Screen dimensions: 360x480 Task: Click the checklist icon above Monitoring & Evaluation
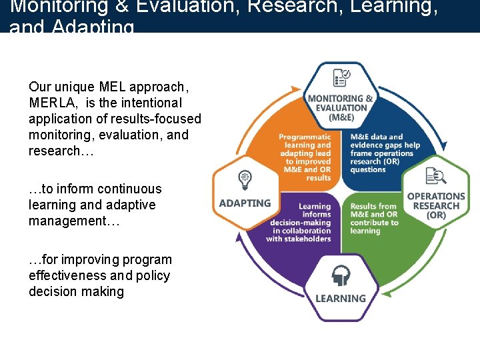pos(342,79)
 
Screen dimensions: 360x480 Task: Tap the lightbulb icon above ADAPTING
pos(245,179)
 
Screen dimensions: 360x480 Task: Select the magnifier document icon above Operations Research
pos(436,177)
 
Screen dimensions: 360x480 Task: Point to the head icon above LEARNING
pos(341,276)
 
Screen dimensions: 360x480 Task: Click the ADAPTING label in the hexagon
pos(245,203)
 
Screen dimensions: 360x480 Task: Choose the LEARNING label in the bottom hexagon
pos(341,299)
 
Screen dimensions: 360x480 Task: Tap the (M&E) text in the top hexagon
pos(341,117)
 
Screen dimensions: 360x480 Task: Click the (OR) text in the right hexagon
pos(436,215)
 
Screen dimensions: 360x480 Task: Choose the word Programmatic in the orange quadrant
pos(305,137)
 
